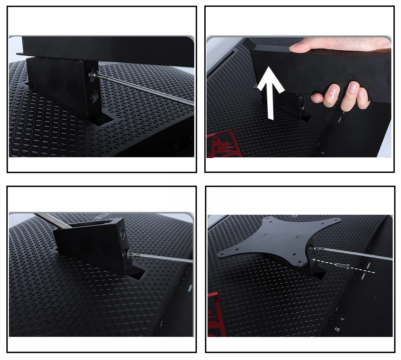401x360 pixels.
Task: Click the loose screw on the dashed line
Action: coord(342,266)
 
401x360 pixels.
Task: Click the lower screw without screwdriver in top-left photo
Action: coord(94,95)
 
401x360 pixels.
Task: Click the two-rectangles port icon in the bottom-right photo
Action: coord(337,330)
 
